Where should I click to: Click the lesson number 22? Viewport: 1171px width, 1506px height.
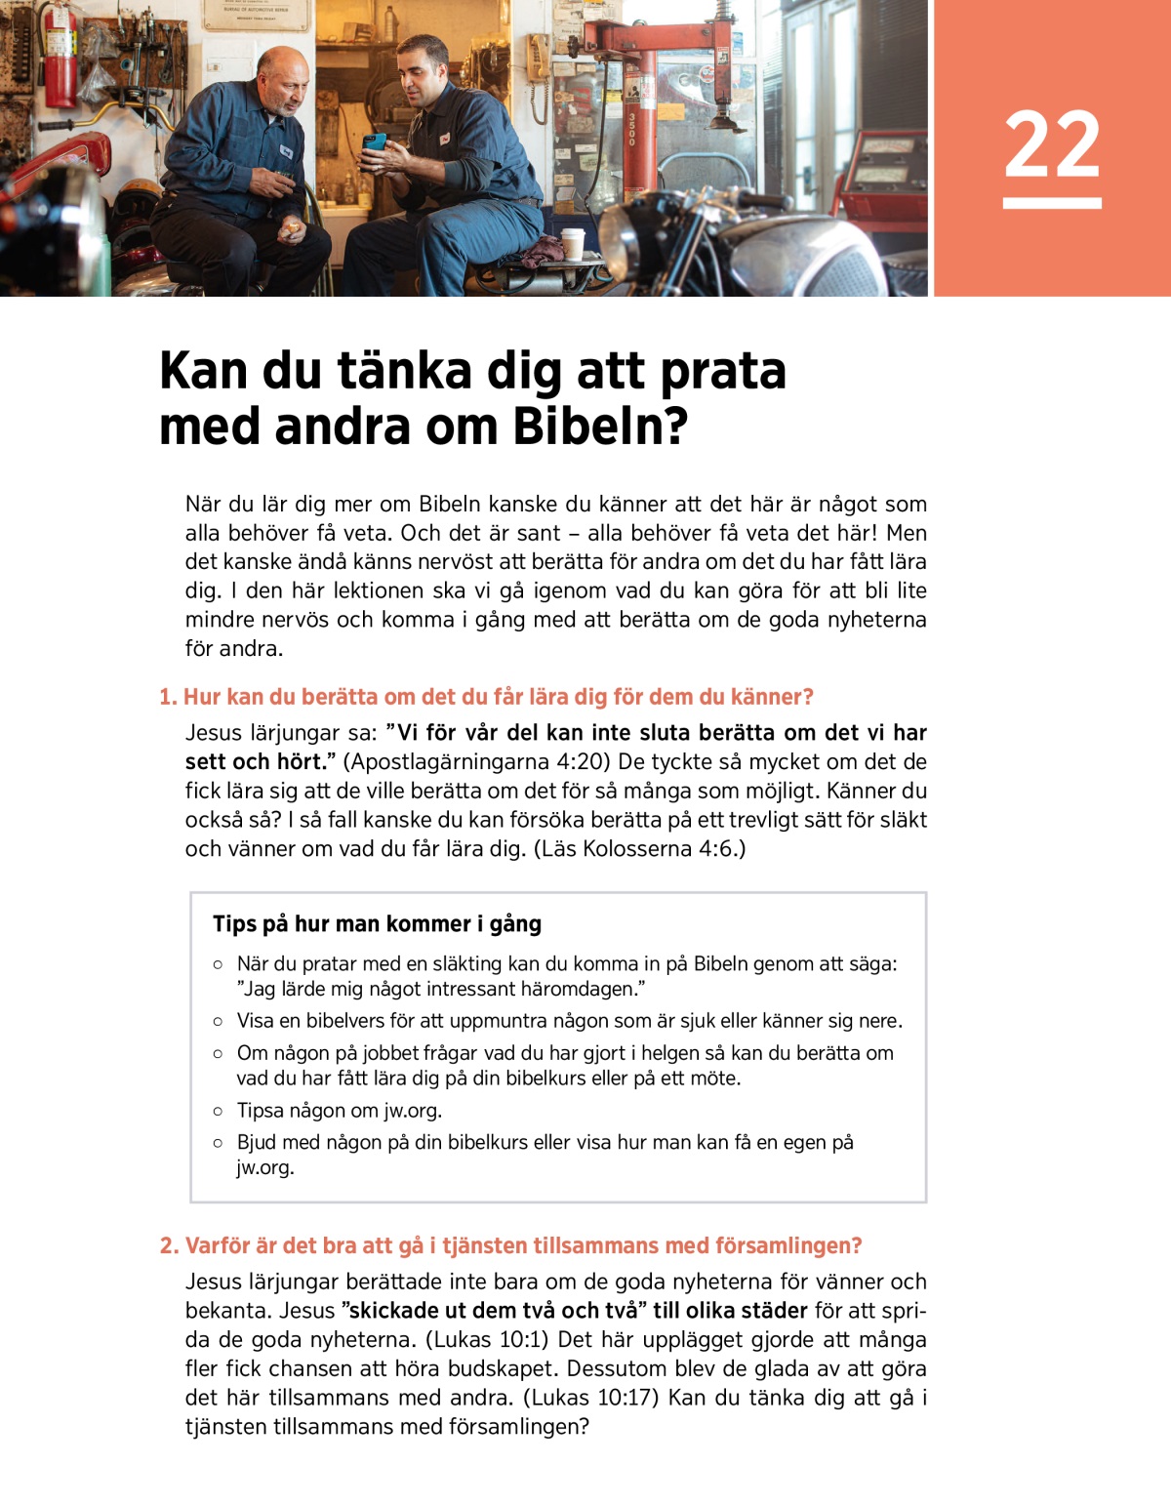1052,143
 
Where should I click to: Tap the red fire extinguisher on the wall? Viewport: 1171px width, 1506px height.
60,61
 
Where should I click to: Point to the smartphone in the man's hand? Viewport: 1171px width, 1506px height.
375,142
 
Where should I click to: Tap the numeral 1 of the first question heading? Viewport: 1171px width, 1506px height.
166,697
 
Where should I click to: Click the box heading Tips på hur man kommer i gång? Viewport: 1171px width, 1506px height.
377,924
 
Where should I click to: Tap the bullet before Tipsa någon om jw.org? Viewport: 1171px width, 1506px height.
218,1111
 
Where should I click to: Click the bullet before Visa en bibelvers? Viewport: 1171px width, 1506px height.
218,1021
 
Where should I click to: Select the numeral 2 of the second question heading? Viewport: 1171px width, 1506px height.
168,1246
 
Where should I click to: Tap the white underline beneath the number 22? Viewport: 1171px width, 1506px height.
1052,203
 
